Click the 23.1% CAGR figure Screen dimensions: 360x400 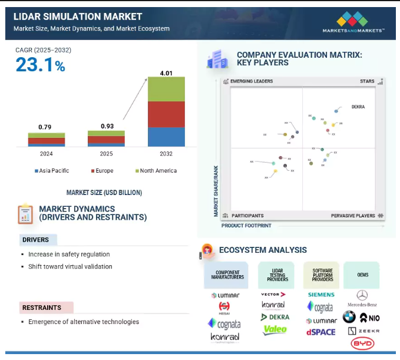click(40, 65)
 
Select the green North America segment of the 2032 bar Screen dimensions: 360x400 click(166, 89)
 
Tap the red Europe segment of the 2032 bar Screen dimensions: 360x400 click(166, 114)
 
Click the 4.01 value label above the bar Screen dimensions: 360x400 click(166, 73)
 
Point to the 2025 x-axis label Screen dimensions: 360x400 click(106, 154)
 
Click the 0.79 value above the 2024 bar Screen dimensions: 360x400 click(45, 127)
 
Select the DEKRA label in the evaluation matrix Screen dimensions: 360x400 click(358, 107)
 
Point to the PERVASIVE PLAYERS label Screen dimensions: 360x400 click(353, 216)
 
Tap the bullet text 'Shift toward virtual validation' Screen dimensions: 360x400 click(70, 266)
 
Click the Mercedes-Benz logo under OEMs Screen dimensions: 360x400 click(362, 299)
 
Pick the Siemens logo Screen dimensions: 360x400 click(321, 295)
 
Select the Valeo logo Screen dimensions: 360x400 click(275, 330)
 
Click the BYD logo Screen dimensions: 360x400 click(362, 344)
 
